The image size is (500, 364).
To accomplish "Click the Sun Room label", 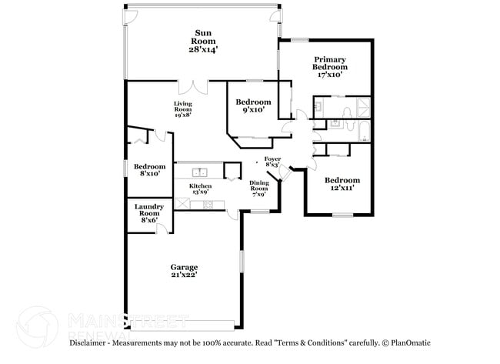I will (203, 42).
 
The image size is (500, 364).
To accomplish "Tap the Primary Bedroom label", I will (329, 67).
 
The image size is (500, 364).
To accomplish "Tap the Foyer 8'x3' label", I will (272, 162).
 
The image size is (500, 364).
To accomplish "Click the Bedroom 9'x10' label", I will (253, 106).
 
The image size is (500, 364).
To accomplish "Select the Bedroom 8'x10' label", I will (150, 171).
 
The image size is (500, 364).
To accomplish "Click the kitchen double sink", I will (201, 172).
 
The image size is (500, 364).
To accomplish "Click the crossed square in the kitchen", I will (184, 203).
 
